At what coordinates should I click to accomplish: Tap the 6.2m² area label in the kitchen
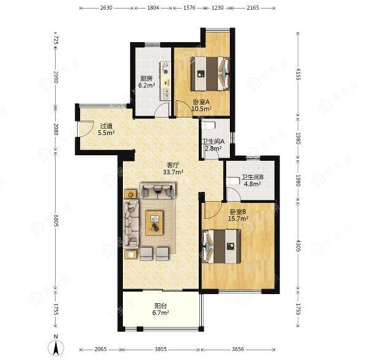[x=147, y=86]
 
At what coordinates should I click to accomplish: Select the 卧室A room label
[x=202, y=102]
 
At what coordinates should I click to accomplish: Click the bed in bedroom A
[x=210, y=74]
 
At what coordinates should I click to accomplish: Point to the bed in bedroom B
[x=221, y=247]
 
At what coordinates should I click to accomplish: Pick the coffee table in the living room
[x=154, y=223]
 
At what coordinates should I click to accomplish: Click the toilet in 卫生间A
[x=208, y=126]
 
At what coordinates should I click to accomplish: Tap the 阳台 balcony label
[x=161, y=306]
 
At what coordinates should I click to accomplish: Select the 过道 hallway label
[x=106, y=126]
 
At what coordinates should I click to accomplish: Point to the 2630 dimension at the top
[x=106, y=8]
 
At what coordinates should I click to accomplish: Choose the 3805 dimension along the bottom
[x=161, y=349]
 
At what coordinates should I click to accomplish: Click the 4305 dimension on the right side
[x=298, y=246]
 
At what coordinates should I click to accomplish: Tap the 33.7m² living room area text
[x=173, y=172]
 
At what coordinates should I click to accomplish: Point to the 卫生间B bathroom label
[x=253, y=177]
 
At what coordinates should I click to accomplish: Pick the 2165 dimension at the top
[x=253, y=8]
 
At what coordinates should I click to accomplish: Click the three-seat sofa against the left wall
[x=131, y=223]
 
